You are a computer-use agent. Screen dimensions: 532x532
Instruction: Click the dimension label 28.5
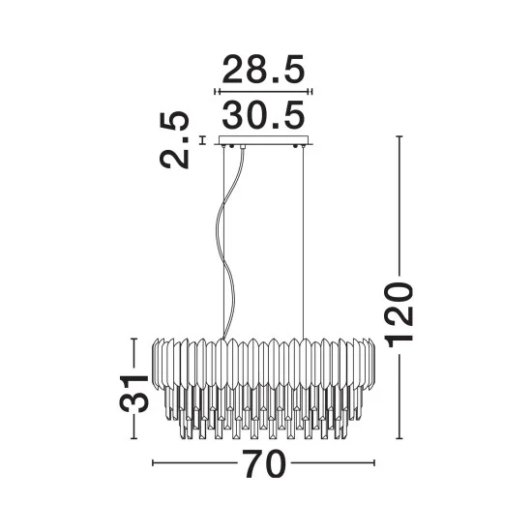click(264, 70)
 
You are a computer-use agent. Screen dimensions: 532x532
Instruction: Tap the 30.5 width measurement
click(264, 115)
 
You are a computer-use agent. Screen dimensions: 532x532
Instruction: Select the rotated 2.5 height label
click(174, 139)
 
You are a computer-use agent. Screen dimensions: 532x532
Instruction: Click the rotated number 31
click(134, 394)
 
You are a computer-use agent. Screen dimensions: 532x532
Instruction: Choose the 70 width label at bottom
click(265, 463)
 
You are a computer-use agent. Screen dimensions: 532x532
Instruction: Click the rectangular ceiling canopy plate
click(264, 140)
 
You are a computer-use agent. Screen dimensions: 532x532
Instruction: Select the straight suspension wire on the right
click(303, 243)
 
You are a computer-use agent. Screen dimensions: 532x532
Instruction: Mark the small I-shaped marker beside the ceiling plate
click(203, 140)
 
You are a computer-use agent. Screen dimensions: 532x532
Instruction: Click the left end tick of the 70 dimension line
click(153, 462)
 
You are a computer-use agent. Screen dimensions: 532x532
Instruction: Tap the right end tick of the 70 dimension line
click(374, 462)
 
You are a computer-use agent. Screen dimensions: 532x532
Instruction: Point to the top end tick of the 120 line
click(399, 136)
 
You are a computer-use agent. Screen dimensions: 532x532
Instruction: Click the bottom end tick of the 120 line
click(399, 439)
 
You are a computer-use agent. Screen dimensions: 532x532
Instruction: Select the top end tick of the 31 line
click(134, 339)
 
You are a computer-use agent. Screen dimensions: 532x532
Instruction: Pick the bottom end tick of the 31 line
click(134, 439)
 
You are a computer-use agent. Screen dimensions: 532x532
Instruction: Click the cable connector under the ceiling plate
click(243, 147)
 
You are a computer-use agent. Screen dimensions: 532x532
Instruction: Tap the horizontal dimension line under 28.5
click(264, 92)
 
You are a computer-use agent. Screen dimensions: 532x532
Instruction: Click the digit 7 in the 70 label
click(253, 463)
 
